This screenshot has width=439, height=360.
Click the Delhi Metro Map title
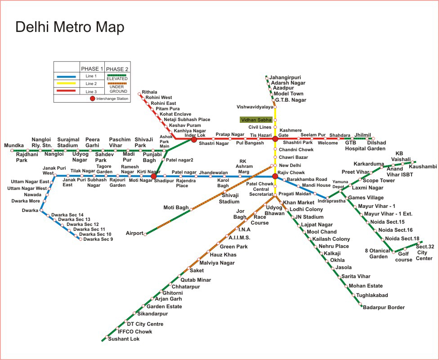(70, 27)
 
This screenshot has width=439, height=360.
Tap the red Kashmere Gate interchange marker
(275, 139)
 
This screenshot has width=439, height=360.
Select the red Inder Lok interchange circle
(194, 139)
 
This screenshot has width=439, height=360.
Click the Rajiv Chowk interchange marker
(275, 176)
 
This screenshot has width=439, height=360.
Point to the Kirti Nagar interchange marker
(154, 176)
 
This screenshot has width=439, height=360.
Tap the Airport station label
(134, 233)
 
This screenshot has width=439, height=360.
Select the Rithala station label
(149, 92)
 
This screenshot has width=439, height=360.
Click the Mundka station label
(13, 145)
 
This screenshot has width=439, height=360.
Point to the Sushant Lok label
(124, 339)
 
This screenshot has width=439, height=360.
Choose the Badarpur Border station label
(384, 307)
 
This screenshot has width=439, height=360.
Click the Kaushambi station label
(423, 166)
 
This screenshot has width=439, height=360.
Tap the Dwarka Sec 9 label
(98, 239)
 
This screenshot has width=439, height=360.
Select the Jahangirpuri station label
(285, 77)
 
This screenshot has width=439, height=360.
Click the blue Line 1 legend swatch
(67, 76)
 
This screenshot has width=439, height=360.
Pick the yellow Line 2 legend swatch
(67, 84)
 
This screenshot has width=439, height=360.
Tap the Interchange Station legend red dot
(93, 98)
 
